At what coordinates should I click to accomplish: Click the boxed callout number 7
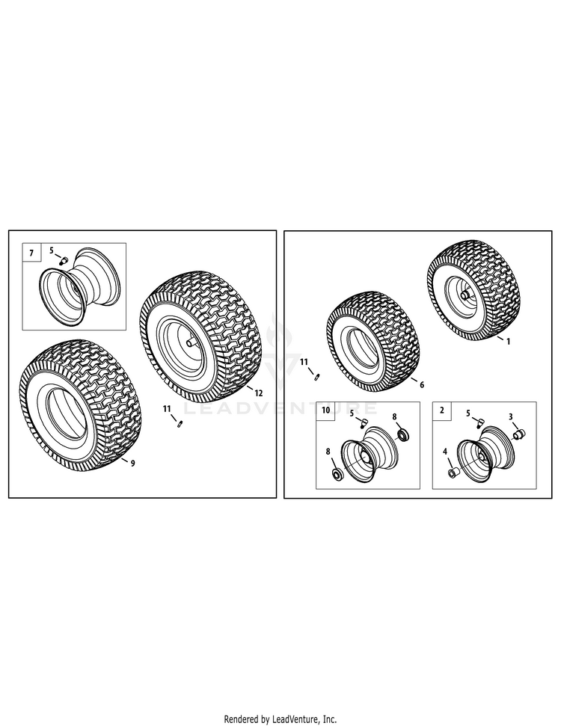(31, 253)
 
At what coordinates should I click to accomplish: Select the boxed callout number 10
(325, 410)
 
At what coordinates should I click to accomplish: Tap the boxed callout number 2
(441, 410)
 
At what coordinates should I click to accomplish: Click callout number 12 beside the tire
(259, 393)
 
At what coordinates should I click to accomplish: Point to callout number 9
(132, 464)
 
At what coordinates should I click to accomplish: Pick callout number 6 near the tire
(422, 385)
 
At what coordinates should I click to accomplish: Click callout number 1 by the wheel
(508, 342)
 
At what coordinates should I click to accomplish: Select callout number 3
(510, 416)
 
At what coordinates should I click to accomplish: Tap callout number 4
(445, 451)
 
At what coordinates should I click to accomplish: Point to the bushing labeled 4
(451, 473)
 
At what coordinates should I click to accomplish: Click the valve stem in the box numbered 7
(63, 259)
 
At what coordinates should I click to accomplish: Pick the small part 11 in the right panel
(317, 377)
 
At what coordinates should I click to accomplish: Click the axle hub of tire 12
(190, 342)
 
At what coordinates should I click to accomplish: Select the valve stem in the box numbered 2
(479, 422)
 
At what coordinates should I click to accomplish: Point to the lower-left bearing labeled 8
(337, 475)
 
